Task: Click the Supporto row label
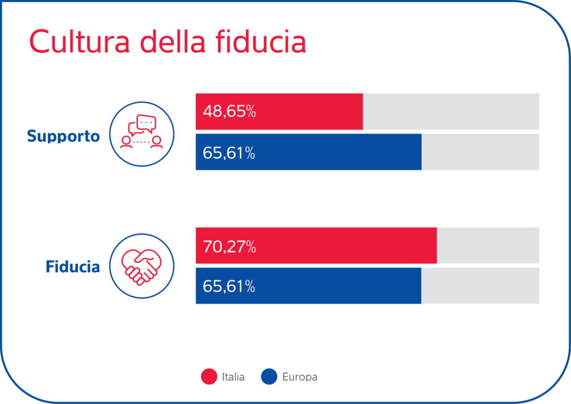[x=64, y=136]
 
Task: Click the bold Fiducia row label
[x=72, y=267]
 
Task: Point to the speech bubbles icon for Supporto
[x=142, y=134]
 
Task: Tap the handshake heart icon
[x=142, y=266]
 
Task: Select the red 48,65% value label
[x=229, y=112]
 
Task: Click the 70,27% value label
[x=229, y=246]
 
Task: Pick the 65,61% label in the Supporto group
[x=229, y=152]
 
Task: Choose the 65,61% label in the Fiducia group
[x=229, y=286]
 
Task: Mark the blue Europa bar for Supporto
[x=335, y=152]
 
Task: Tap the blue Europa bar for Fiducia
[x=335, y=286]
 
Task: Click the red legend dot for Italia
[x=209, y=377]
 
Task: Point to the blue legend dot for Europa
[x=269, y=377]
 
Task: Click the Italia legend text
[x=233, y=377]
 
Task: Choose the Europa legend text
[x=299, y=377]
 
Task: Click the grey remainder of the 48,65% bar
[x=451, y=112]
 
